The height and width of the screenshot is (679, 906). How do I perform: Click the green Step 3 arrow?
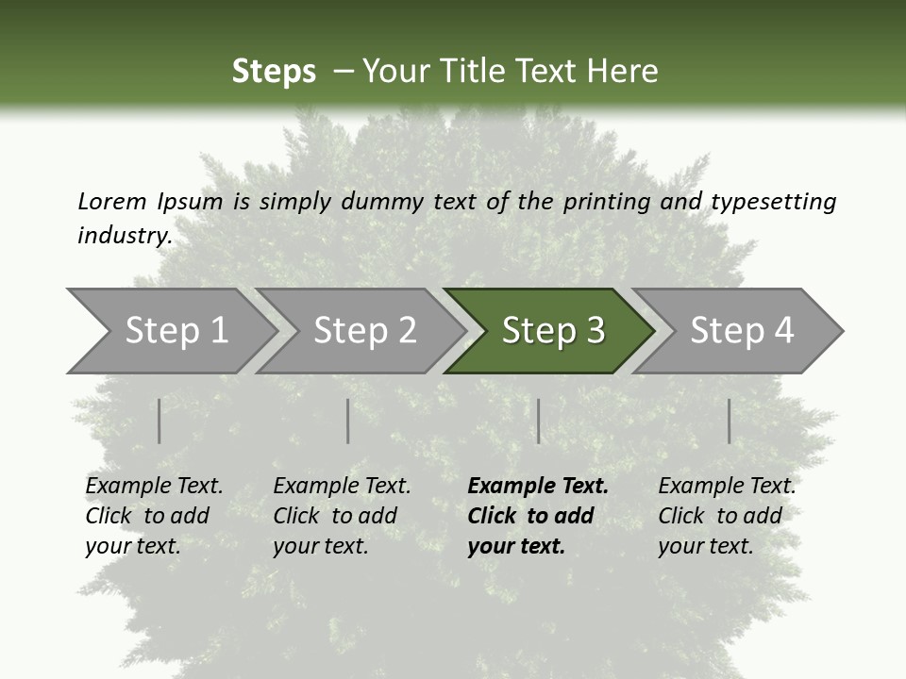(552, 331)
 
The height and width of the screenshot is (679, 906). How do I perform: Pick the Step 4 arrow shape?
(742, 331)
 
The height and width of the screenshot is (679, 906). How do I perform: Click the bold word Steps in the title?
(274, 72)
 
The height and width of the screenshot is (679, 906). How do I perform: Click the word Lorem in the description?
(111, 201)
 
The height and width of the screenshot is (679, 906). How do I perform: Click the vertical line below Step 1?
(159, 421)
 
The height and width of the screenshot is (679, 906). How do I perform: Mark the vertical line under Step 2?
(348, 421)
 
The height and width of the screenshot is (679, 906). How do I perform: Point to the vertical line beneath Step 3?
(538, 421)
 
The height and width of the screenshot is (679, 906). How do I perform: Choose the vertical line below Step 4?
(730, 421)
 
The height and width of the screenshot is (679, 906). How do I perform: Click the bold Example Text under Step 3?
(538, 486)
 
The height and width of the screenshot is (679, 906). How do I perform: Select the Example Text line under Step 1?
(154, 486)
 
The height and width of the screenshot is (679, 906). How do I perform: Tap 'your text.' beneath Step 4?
(705, 546)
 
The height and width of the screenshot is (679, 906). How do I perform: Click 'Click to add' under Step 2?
(335, 516)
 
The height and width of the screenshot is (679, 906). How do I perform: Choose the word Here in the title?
(627, 72)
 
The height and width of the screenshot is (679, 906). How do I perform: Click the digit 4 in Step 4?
(782, 331)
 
